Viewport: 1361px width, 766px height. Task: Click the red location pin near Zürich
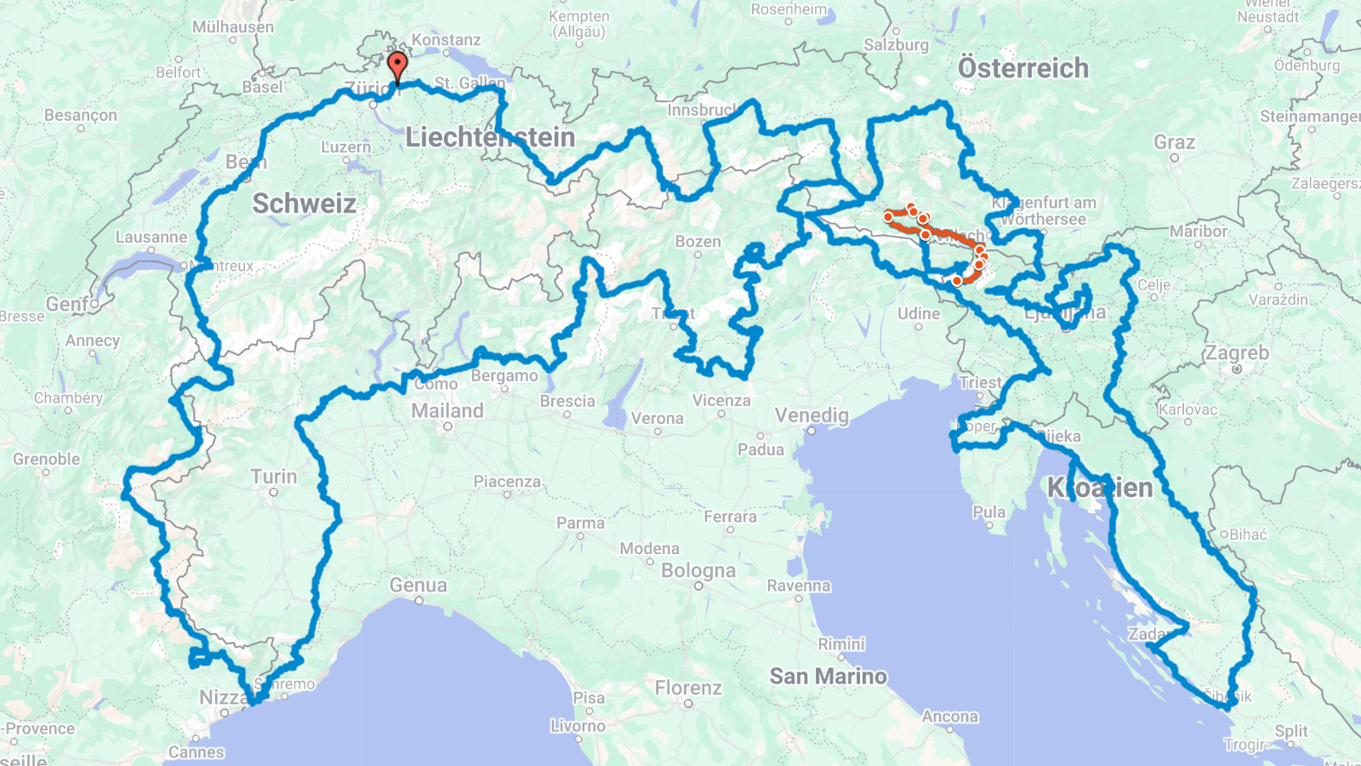(x=397, y=65)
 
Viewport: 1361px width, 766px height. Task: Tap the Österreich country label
(x=1022, y=68)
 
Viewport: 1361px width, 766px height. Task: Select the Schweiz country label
(x=304, y=203)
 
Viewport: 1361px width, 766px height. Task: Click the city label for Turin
(x=274, y=477)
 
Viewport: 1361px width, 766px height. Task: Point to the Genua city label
(x=418, y=585)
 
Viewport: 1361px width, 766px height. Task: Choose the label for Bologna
(x=698, y=570)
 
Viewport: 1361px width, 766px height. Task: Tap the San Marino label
(x=828, y=676)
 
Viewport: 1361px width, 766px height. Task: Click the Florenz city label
(x=688, y=687)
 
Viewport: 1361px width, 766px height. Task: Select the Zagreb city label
(x=1236, y=352)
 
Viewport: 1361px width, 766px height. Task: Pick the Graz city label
(x=1174, y=142)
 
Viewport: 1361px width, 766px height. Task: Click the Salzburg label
(x=896, y=45)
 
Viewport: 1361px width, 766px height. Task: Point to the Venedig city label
(x=811, y=415)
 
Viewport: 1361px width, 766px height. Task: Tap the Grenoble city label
(x=47, y=459)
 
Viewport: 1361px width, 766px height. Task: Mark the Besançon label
(x=81, y=115)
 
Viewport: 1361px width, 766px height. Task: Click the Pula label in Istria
(x=988, y=512)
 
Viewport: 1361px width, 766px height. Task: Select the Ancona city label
(x=949, y=716)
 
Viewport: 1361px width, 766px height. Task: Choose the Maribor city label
(x=1198, y=231)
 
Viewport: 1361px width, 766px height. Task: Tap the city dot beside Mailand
(x=447, y=426)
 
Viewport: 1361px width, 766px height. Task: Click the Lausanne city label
(x=151, y=237)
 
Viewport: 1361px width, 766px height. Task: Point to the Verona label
(x=657, y=418)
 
